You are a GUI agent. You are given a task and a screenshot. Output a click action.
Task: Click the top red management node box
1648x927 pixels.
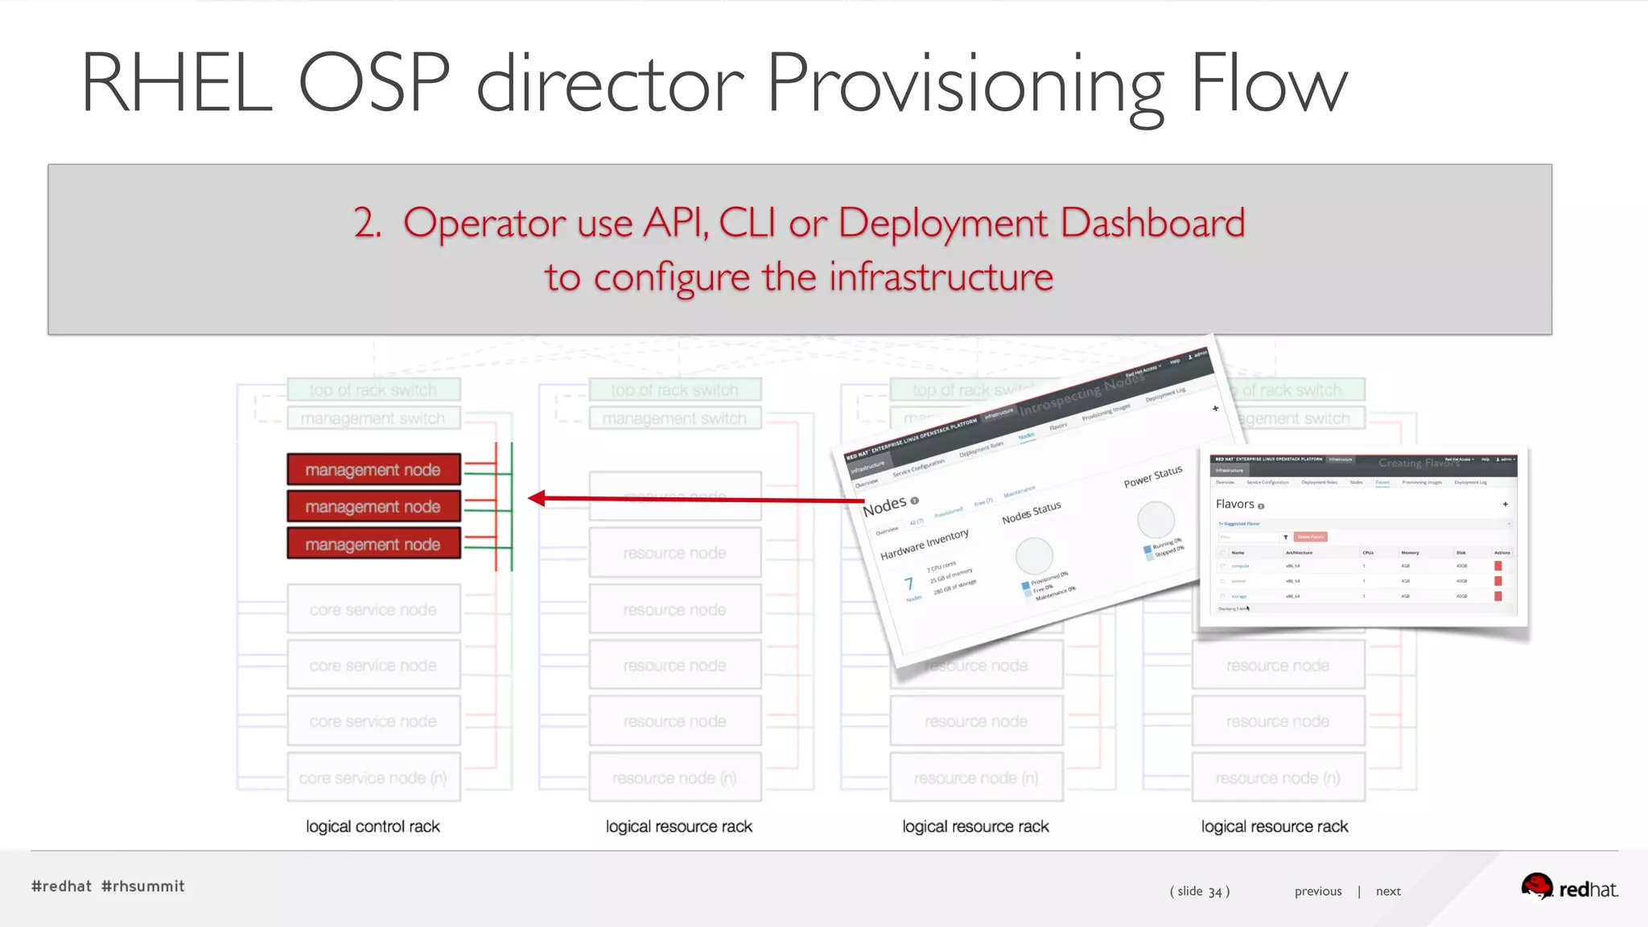(x=373, y=470)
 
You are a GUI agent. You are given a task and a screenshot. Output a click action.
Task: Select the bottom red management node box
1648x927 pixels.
(x=373, y=544)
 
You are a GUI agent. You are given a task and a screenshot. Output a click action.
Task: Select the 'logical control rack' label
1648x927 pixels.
(x=373, y=826)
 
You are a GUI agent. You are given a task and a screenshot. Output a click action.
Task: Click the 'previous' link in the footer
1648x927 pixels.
(x=1318, y=891)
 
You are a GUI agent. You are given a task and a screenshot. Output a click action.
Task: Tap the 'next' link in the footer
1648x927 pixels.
(x=1388, y=891)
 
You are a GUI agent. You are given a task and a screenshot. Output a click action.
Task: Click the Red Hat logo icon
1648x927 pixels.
(x=1536, y=887)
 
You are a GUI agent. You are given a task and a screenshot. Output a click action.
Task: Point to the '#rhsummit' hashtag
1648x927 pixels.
(x=143, y=886)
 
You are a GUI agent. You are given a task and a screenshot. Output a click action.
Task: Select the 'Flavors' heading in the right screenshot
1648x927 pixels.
(x=1235, y=505)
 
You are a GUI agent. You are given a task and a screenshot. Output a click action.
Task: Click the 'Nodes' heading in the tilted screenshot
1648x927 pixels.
(x=884, y=507)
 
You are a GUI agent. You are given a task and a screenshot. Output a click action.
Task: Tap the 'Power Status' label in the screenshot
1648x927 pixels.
(x=1153, y=476)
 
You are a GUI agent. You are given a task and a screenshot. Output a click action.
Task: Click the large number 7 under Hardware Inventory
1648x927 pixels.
(x=908, y=583)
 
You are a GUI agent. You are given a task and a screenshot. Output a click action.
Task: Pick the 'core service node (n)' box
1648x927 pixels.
(x=373, y=778)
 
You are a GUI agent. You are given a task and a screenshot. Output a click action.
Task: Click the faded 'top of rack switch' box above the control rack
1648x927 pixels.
(x=373, y=390)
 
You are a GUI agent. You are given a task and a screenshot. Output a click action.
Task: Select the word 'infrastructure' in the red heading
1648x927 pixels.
(x=941, y=278)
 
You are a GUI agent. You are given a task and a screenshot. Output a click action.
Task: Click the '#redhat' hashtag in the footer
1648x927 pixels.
(x=61, y=886)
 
